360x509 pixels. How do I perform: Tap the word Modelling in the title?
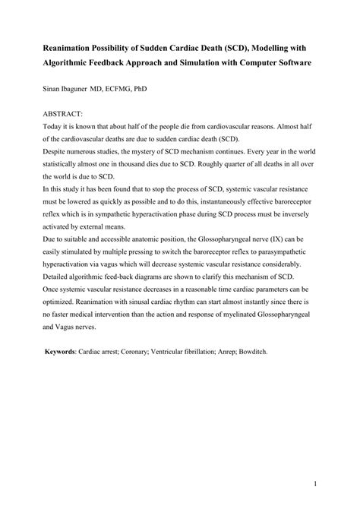coord(273,48)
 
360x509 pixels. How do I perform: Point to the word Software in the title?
coord(288,62)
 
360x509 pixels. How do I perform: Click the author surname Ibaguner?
coord(75,89)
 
